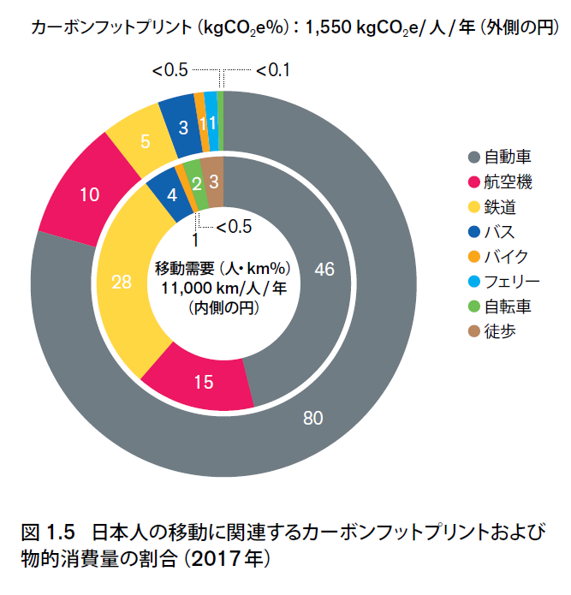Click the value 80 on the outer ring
314,418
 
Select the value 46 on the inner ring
324,269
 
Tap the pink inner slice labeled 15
203,382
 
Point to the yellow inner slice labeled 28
121,282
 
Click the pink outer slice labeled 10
88,194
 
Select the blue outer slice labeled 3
182,128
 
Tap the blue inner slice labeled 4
171,193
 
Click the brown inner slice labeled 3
213,180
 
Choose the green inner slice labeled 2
198,183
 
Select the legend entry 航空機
508,181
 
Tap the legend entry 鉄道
500,206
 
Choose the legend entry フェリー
513,281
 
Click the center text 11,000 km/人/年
224,287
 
